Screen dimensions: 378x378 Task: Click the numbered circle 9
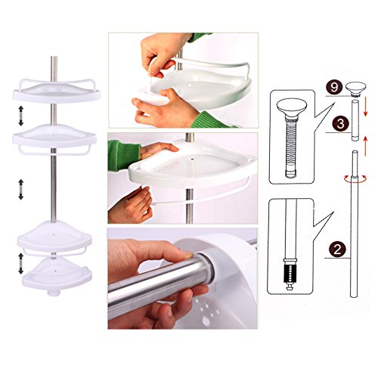click(x=334, y=88)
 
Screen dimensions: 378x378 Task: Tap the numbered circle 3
click(x=340, y=124)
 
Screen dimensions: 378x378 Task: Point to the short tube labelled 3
click(x=355, y=120)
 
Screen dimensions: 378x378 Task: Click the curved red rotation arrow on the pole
click(x=355, y=178)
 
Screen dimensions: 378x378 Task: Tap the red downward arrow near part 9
click(x=366, y=107)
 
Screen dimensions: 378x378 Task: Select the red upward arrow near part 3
click(x=365, y=146)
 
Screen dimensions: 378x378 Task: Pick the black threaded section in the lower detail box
click(x=290, y=274)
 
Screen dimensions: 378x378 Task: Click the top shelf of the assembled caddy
click(x=57, y=91)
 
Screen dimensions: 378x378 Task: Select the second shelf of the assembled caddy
click(x=54, y=138)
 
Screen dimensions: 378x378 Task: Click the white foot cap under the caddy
click(x=54, y=293)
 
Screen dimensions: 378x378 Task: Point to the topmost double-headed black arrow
click(x=20, y=116)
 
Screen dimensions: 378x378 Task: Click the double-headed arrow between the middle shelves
click(x=21, y=190)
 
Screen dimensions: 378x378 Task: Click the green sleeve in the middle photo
click(x=123, y=154)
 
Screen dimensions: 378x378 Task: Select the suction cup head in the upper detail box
click(x=292, y=107)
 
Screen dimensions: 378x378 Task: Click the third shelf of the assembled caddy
click(x=54, y=237)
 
